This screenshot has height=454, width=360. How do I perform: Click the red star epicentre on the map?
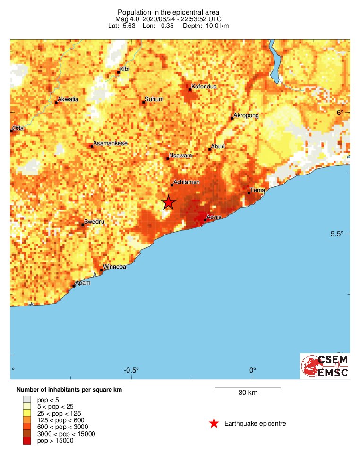pyautogui.click(x=169, y=202)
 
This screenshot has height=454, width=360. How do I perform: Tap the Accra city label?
pyautogui.click(x=214, y=217)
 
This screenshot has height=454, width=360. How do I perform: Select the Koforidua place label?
pyautogui.click(x=204, y=87)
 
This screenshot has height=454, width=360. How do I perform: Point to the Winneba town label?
pyautogui.click(x=115, y=267)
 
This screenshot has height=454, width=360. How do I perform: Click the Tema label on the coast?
pyautogui.click(x=258, y=190)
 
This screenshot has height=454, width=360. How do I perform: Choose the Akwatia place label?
pyautogui.click(x=68, y=99)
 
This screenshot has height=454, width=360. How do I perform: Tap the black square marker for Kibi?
pyautogui.click(x=119, y=73)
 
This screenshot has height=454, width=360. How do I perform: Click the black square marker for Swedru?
pyautogui.click(x=83, y=225)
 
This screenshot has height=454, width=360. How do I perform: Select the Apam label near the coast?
pyautogui.click(x=83, y=283)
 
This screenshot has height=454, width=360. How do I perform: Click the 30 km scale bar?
pyautogui.click(x=248, y=389)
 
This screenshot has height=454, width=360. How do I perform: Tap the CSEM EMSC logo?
pyautogui.click(x=325, y=366)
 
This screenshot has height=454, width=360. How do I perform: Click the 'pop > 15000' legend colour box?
pyautogui.click(x=27, y=441)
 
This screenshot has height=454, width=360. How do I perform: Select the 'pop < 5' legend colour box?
pyautogui.click(x=27, y=400)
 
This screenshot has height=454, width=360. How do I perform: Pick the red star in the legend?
pyautogui.click(x=214, y=423)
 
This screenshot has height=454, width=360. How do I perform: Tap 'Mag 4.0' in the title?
pyautogui.click(x=128, y=19)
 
